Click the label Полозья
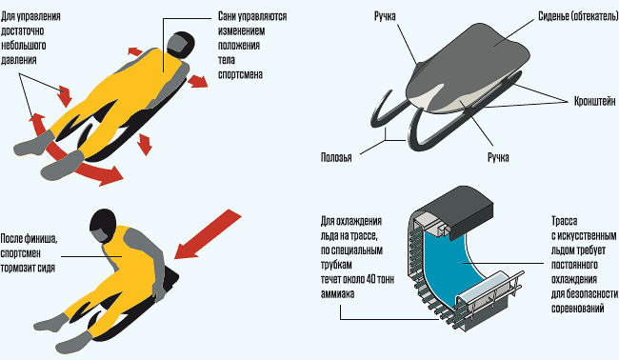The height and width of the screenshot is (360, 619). point(336,157)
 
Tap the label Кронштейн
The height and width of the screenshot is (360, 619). point(594,101)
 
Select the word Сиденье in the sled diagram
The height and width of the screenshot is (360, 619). point(553,16)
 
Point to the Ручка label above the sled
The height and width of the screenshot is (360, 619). point(385,16)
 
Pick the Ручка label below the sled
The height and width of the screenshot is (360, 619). point(498,157)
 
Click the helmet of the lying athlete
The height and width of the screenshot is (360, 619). point(180,43)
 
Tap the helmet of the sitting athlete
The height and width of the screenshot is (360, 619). point(103,226)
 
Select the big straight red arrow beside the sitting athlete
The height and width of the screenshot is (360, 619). point(208,234)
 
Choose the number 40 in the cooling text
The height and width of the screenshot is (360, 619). point(371,279)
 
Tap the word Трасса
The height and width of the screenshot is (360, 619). point(564,221)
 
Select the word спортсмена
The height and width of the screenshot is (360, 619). point(240,74)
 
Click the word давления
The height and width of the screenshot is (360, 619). point(18,60)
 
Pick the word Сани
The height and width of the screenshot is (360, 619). point(228,16)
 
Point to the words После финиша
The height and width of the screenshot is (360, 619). point(29,239)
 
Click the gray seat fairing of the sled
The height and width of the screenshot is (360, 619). point(469,67)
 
